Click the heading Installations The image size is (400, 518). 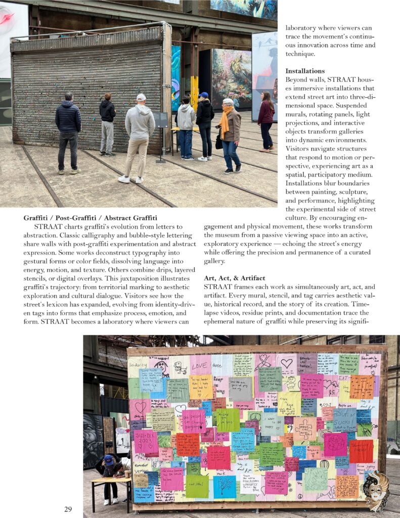(304, 71)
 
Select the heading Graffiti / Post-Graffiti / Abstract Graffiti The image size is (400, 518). (90, 218)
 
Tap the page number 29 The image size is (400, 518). (68, 509)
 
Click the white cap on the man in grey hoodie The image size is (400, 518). (141, 97)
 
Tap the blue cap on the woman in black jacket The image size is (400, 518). (203, 95)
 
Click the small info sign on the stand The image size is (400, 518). (161, 120)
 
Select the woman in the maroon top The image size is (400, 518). (266, 121)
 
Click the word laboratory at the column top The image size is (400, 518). (302, 28)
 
